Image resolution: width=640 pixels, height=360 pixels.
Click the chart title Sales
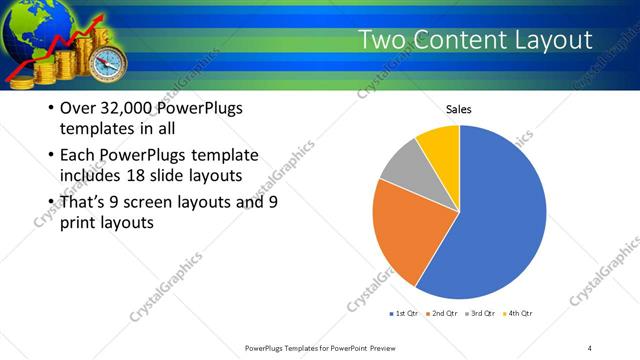459,110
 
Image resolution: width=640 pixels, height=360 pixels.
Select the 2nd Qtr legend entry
444,315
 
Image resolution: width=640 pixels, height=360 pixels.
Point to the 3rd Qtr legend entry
482,315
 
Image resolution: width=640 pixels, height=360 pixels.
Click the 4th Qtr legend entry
520,315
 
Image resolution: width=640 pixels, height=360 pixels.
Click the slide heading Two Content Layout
475,40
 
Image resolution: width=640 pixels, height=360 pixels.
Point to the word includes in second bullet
93,177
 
